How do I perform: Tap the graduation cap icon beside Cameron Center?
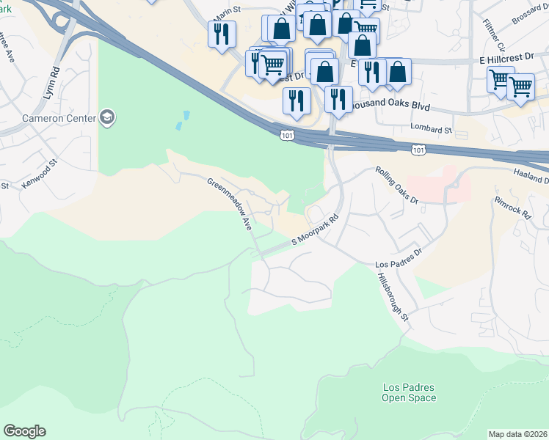pyautogui.click(x=108, y=118)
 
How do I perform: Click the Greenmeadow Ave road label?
pyautogui.click(x=229, y=205)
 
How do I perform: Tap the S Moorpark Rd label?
pyautogui.click(x=316, y=230)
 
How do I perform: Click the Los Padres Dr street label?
pyautogui.click(x=399, y=258)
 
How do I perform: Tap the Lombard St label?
pyautogui.click(x=433, y=129)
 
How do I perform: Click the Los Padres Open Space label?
pyautogui.click(x=409, y=392)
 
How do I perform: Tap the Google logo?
pyautogui.click(x=24, y=431)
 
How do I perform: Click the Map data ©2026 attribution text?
pyautogui.click(x=518, y=433)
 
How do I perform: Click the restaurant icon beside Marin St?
pyautogui.click(x=221, y=34)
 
